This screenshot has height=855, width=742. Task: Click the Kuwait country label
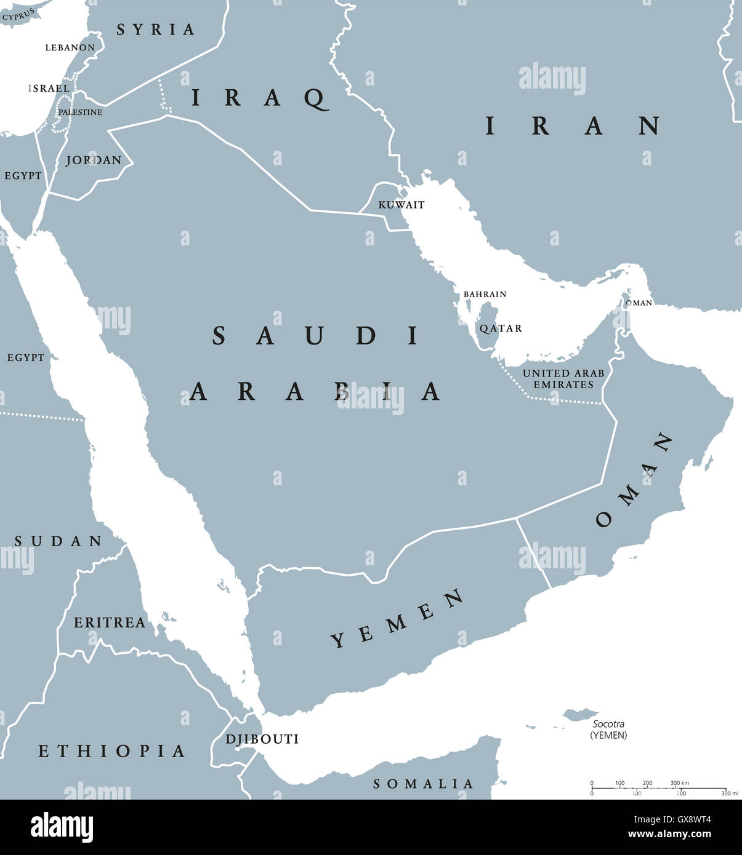tap(401, 205)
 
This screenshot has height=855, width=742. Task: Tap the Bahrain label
tap(485, 295)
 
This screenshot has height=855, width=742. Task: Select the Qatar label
tap(501, 328)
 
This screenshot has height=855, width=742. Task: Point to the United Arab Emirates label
tap(563, 379)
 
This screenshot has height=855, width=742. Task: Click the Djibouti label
tap(262, 739)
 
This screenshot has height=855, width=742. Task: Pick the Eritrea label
tap(110, 622)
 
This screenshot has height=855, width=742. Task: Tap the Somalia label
tap(423, 784)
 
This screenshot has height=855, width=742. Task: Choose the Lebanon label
tap(70, 47)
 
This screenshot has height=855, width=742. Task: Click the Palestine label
tap(80, 113)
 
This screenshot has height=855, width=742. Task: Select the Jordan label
tap(94, 160)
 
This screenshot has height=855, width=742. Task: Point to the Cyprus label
tap(18, 15)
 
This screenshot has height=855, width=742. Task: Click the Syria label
tap(156, 30)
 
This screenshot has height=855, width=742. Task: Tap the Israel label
tap(49, 89)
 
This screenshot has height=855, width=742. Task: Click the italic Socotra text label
tap(608, 724)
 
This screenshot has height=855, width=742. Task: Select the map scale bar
tap(658, 788)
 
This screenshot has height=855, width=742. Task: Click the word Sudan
tap(58, 541)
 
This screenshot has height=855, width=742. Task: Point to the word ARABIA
tap(315, 391)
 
